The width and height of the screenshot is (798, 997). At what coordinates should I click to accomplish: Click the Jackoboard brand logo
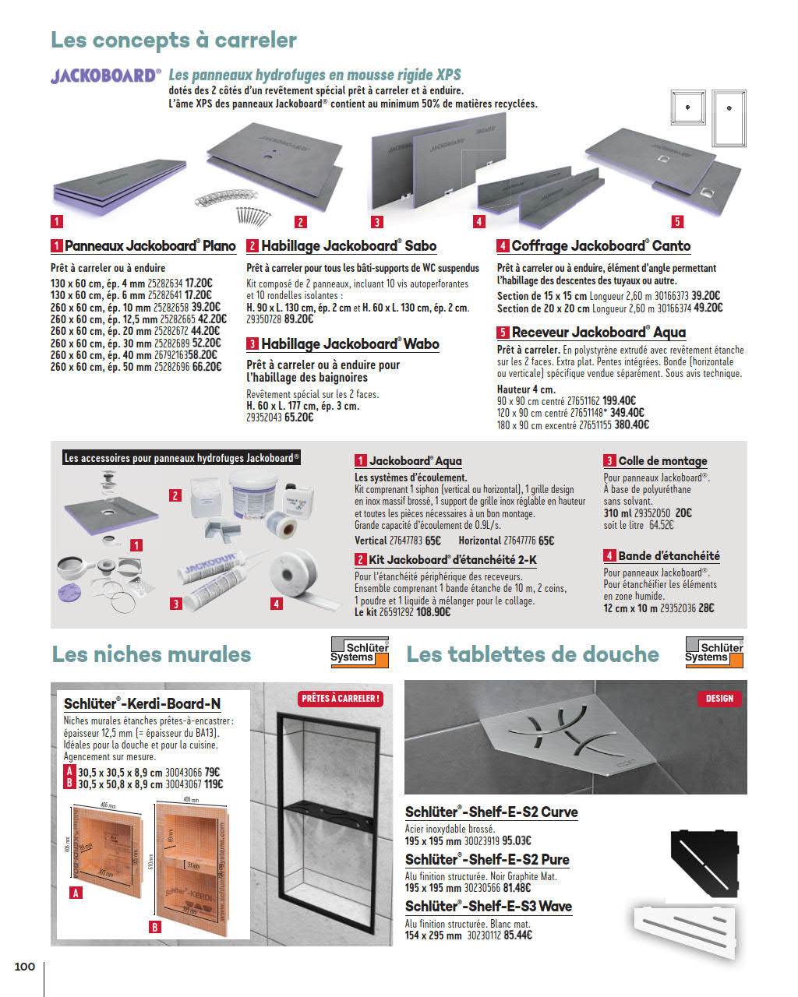(x=106, y=76)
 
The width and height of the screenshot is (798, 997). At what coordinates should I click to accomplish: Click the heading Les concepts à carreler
(x=174, y=40)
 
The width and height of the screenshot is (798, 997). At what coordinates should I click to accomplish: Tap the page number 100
(x=25, y=967)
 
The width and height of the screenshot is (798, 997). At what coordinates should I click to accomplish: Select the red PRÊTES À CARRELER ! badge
(x=341, y=699)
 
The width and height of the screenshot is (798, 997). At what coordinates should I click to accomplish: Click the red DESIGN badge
(x=719, y=699)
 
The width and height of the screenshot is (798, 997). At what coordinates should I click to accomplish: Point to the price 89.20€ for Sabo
(x=298, y=319)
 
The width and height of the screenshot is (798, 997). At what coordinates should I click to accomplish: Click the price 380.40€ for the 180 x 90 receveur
(x=632, y=425)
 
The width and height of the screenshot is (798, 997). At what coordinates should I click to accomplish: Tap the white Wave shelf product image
(x=687, y=928)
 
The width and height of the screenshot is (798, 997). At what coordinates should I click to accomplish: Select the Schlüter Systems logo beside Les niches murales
(x=359, y=652)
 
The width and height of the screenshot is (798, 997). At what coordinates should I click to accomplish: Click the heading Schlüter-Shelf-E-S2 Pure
(x=487, y=860)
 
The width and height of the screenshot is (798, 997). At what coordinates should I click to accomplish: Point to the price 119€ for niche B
(x=214, y=784)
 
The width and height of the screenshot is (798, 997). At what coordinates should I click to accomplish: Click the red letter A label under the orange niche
(x=76, y=893)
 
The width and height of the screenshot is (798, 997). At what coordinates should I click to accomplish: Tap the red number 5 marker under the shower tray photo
(x=677, y=222)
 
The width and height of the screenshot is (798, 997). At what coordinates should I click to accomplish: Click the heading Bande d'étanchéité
(x=669, y=556)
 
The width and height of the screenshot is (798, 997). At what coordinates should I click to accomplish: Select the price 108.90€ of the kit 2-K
(x=433, y=613)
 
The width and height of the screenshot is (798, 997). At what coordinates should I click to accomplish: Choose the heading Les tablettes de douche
(x=532, y=654)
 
